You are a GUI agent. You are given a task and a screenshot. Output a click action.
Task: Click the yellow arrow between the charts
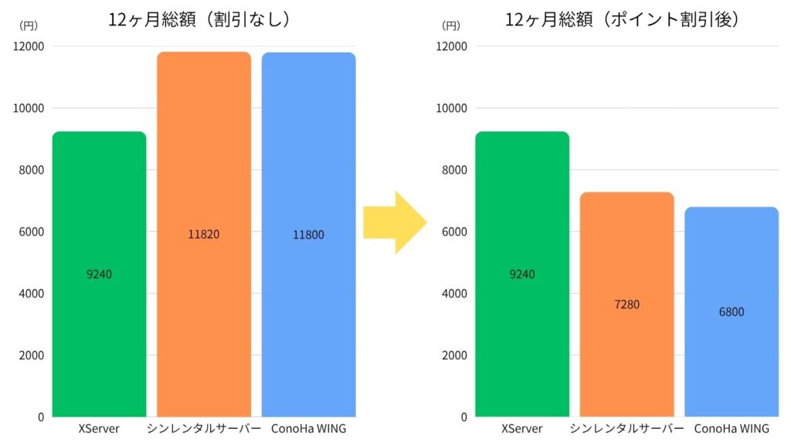394,222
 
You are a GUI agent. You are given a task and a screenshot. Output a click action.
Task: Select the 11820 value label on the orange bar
204,234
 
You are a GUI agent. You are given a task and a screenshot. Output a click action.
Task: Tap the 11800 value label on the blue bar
308,234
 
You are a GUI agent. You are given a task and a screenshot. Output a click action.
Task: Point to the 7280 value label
626,304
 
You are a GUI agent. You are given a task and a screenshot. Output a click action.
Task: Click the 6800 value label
731,312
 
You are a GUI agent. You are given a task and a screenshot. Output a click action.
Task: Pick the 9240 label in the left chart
99,274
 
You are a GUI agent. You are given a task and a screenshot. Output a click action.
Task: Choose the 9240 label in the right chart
522,274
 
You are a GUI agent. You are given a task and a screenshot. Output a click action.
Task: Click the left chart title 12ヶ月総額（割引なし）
199,20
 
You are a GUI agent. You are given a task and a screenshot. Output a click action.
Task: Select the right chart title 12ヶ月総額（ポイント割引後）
623,20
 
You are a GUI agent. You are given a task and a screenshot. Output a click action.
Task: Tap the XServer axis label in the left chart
99,429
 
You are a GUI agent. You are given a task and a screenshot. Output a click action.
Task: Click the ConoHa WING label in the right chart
732,429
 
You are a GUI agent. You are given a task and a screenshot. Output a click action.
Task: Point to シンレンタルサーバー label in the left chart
204,429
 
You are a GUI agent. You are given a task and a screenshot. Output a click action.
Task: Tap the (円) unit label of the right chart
450,25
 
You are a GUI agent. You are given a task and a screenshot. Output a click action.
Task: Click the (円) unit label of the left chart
28,25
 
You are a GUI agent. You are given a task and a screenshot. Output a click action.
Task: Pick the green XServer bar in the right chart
522,348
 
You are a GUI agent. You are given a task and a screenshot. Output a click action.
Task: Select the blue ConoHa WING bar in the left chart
308,324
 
